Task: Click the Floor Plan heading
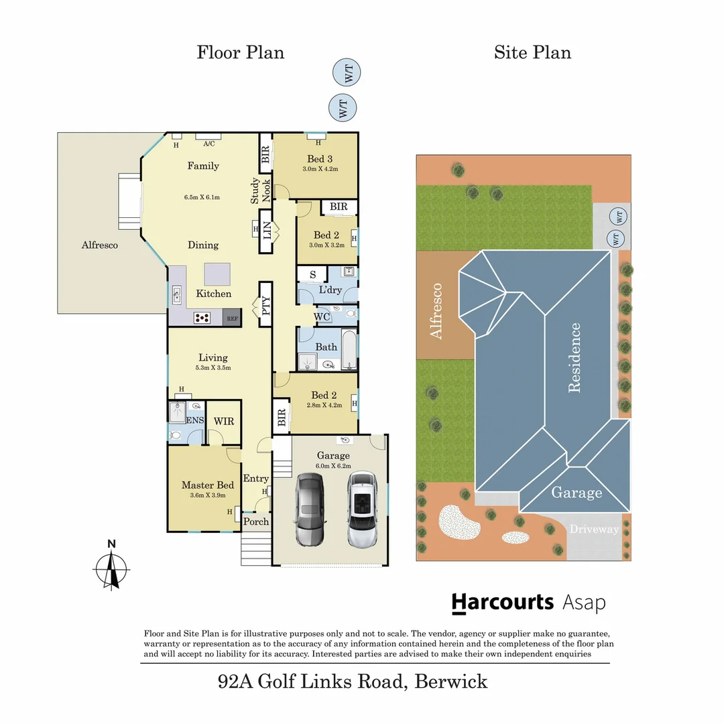click(x=240, y=52)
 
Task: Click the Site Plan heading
click(x=532, y=52)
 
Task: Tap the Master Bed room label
click(x=207, y=485)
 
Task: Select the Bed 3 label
click(x=320, y=159)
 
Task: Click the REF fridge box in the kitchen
click(x=232, y=318)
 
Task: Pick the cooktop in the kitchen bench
click(x=202, y=318)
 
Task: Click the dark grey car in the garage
click(x=310, y=509)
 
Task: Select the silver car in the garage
click(x=361, y=509)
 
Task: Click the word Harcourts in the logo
click(x=502, y=602)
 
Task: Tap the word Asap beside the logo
click(x=584, y=603)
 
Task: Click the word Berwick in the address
click(x=451, y=682)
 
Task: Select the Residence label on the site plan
click(x=575, y=357)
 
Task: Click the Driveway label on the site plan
click(x=594, y=530)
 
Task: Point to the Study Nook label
click(x=260, y=191)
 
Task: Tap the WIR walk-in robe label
click(x=224, y=421)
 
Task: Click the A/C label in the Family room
click(x=208, y=143)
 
